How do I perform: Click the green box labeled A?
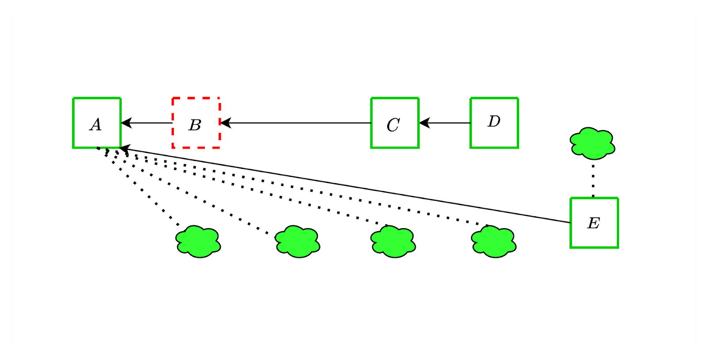(97, 123)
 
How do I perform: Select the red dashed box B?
(196, 123)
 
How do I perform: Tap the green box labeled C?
(395, 123)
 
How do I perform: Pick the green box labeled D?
(494, 123)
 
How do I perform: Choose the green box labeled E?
(594, 222)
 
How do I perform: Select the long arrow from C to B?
(296, 123)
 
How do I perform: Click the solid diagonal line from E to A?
(345, 185)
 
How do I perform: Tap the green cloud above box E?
(592, 143)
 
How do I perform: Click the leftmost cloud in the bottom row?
(198, 241)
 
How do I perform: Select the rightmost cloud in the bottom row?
(493, 241)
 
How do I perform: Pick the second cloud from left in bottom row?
(297, 241)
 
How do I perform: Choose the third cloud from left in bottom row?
(393, 241)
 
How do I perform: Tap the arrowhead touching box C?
(424, 123)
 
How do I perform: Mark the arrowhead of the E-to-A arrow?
(125, 149)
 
